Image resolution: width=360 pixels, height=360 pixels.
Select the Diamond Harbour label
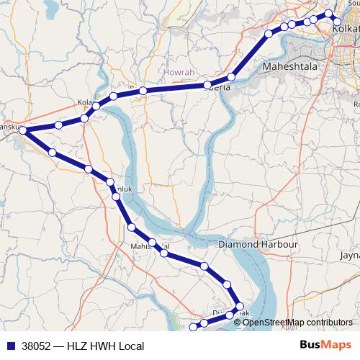[x=258, y=244]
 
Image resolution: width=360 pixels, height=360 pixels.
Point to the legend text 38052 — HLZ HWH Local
[x=83, y=346]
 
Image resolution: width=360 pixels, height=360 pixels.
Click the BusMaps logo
[x=325, y=346]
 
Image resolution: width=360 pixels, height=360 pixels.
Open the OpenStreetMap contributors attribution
[x=297, y=322]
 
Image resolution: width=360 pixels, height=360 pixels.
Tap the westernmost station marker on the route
[x=23, y=130]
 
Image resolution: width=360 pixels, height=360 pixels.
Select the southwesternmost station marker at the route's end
[x=192, y=328]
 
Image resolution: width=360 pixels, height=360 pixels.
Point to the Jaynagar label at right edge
[x=350, y=255]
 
